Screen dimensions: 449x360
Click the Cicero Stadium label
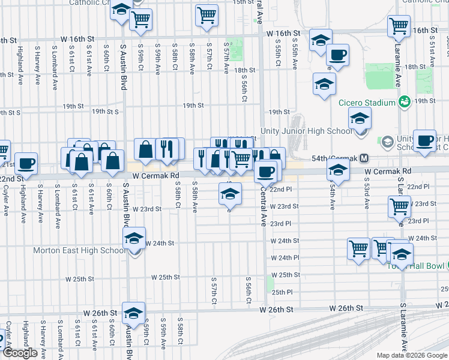coord(366,103)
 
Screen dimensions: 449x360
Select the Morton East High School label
coord(80,250)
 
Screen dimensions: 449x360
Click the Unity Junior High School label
coord(306,131)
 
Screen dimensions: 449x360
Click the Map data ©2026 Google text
coord(412,355)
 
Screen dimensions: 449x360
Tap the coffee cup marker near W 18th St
coord(337,55)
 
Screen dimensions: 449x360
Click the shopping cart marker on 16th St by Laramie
coord(399,26)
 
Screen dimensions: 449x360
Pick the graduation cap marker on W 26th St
coord(133,312)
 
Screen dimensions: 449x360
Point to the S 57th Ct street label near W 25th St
coord(214,290)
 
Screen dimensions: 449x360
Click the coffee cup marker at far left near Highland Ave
coord(26,163)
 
